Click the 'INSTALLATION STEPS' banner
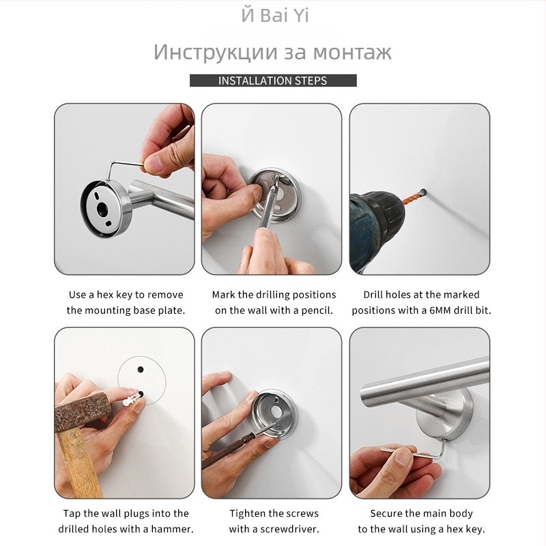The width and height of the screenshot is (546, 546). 273,81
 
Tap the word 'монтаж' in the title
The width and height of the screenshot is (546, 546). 352,53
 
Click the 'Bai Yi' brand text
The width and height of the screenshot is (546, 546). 284,16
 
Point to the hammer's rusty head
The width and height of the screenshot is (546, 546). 83,412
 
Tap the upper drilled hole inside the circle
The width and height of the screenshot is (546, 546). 141,369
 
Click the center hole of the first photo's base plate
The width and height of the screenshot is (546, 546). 102,210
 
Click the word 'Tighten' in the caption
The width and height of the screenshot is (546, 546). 245,513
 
